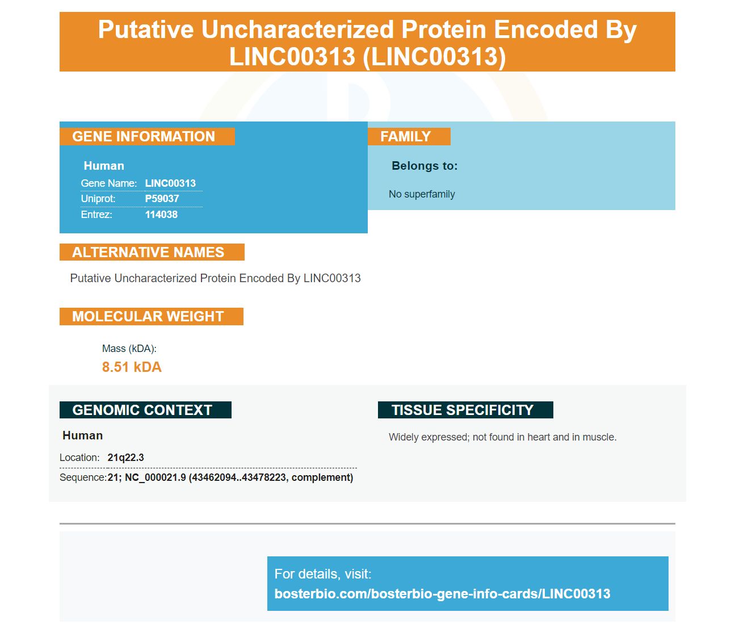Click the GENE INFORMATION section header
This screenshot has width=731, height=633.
(147, 136)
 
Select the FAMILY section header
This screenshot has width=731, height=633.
(409, 136)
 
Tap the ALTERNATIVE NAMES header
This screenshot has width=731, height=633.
(152, 252)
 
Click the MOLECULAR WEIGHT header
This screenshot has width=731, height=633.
(152, 316)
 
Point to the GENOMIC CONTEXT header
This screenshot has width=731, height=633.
(145, 410)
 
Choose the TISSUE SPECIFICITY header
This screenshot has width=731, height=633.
(465, 410)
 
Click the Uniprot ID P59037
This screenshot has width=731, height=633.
(162, 199)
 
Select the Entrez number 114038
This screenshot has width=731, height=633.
(161, 215)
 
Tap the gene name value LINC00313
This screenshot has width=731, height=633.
(170, 183)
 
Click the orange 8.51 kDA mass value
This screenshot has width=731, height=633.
(132, 367)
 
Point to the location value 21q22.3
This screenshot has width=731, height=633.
(125, 458)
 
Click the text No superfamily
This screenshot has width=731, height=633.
(422, 194)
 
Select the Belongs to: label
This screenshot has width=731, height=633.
(425, 166)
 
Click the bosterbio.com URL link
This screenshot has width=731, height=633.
(442, 593)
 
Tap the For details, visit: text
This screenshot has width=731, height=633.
(323, 574)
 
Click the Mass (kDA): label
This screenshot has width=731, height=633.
(129, 349)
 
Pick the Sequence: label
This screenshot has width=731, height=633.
(83, 477)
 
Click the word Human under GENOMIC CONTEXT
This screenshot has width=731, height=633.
(82, 435)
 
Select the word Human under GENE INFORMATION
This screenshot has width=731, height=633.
(104, 166)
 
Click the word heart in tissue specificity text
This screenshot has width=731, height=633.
(539, 437)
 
